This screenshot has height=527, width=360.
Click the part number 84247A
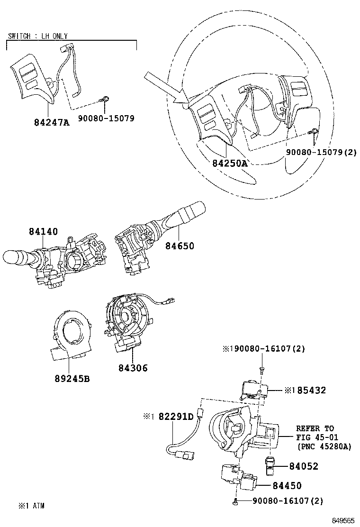(52, 122)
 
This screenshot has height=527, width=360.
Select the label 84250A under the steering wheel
(230, 164)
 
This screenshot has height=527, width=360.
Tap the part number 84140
(43, 231)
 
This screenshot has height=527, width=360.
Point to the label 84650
(180, 246)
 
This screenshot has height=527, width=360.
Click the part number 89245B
(72, 379)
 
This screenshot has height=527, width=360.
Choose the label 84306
(133, 368)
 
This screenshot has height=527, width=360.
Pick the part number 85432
(311, 390)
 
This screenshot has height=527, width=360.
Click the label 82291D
(176, 417)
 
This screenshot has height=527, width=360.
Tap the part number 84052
(304, 466)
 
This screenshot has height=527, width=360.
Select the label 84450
(287, 486)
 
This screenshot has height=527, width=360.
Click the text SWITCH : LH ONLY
(37, 36)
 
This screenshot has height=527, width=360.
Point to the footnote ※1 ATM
(31, 506)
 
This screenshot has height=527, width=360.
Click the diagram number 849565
(343, 521)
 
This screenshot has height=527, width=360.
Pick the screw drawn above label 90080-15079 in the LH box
(104, 99)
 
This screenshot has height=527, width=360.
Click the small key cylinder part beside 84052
(270, 465)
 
